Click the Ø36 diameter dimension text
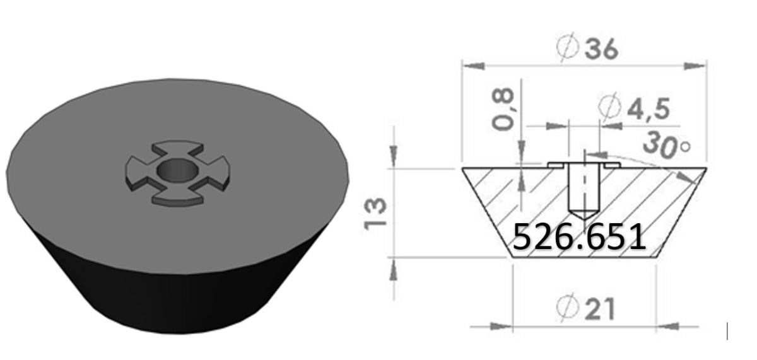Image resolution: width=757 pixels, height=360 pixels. (x=587, y=49)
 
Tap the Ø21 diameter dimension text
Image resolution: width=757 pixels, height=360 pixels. (x=587, y=308)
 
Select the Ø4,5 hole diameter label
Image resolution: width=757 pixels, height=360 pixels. (x=635, y=108)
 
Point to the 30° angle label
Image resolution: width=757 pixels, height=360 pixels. (x=666, y=144)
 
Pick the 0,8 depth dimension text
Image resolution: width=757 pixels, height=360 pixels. (x=503, y=108)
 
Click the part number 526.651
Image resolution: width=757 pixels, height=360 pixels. (x=578, y=236)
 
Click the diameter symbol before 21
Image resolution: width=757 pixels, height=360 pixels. (x=568, y=308)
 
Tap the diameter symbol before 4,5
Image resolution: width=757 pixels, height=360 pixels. (x=609, y=108)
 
